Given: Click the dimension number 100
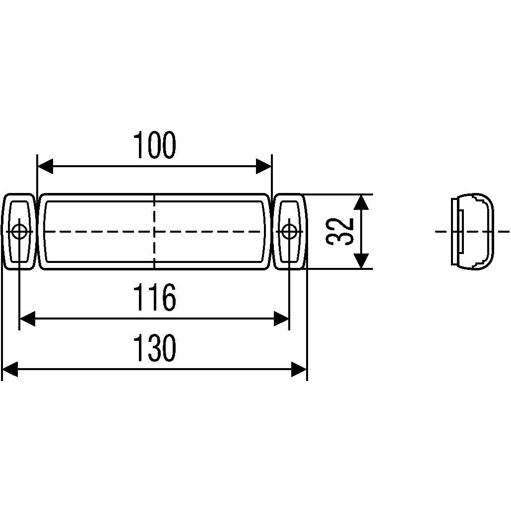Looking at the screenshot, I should pyautogui.click(x=155, y=145).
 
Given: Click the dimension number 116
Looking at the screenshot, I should pyautogui.click(x=155, y=298).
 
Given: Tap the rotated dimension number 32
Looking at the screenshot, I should pyautogui.click(x=340, y=231).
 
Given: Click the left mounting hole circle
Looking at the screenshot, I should pyautogui.click(x=20, y=231).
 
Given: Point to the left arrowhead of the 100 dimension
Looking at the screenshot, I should pyautogui.click(x=45, y=167).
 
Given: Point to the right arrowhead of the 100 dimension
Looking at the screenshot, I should pyautogui.click(x=264, y=167).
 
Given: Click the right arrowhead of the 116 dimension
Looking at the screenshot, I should pyautogui.click(x=281, y=319).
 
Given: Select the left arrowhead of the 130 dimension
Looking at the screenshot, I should pyautogui.click(x=10, y=369).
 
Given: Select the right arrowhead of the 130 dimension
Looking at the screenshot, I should pyautogui.click(x=299, y=369).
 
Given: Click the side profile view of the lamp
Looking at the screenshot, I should pyautogui.click(x=472, y=231).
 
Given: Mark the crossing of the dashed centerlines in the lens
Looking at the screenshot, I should pyautogui.click(x=155, y=231).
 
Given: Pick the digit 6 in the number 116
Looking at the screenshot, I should pyautogui.click(x=168, y=298).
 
